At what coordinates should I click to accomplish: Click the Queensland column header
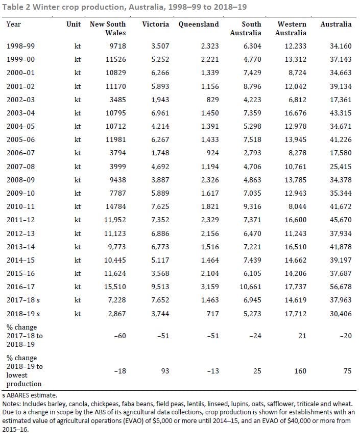pyautogui.click(x=199, y=24)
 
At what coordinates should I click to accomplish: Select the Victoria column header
pyautogui.click(x=156, y=24)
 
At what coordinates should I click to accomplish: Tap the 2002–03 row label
pyautogui.click(x=20, y=100)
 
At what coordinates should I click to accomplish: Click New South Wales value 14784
pyautogui.click(x=116, y=206)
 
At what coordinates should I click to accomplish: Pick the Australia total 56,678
pyautogui.click(x=341, y=287)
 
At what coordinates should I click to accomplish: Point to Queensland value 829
pyautogui.click(x=213, y=100)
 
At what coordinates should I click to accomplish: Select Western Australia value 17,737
pyautogui.click(x=296, y=287)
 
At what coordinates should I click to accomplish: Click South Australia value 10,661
pyautogui.click(x=250, y=287)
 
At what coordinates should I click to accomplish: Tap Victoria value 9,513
pyautogui.click(x=160, y=287)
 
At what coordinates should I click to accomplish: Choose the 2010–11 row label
pyautogui.click(x=20, y=206)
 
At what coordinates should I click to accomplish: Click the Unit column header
pyautogui.click(x=74, y=24)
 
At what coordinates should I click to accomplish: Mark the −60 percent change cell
pyautogui.click(x=120, y=336)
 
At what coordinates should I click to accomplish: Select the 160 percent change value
pyautogui.click(x=300, y=371)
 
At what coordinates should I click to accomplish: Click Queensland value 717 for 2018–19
pyautogui.click(x=213, y=314)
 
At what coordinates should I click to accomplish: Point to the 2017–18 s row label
pyautogui.click(x=23, y=300)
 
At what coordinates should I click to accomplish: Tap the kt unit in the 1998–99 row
pyautogui.click(x=78, y=46)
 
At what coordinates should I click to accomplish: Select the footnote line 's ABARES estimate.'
pyautogui.click(x=30, y=395)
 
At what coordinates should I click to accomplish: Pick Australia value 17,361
pyautogui.click(x=341, y=100)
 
